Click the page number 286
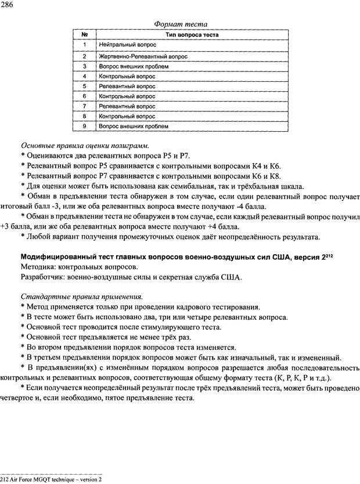[x=8, y=5]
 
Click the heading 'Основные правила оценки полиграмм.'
[x=84, y=145]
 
